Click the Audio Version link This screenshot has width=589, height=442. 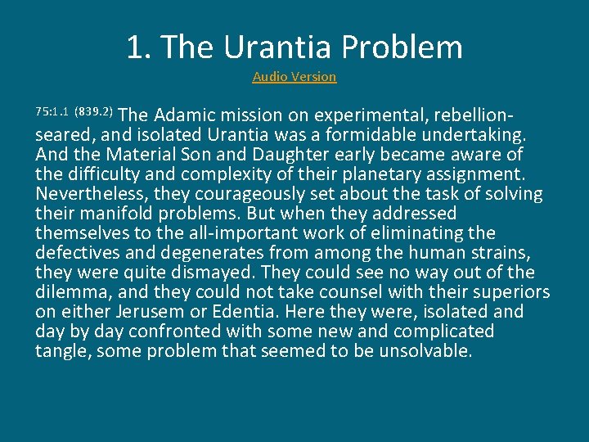[x=294, y=77]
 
